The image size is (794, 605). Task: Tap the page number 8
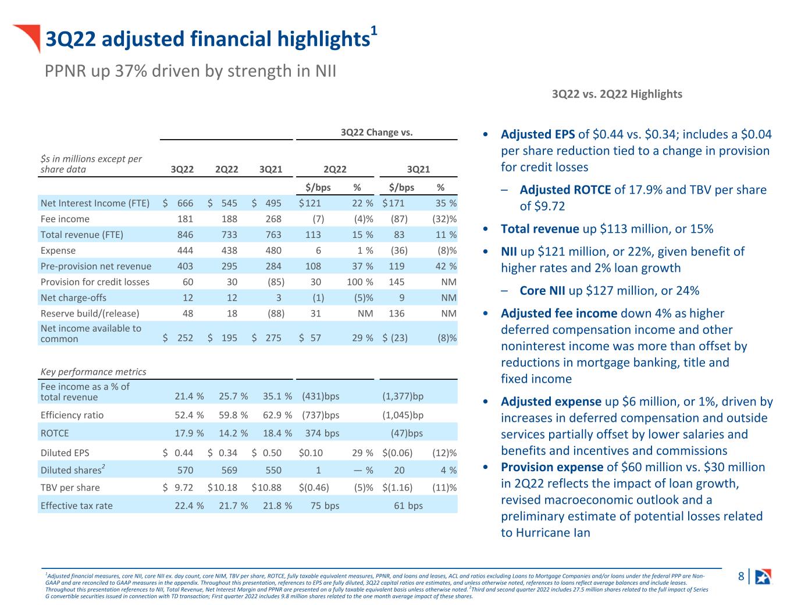(740, 576)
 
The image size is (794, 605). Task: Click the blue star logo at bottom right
(763, 576)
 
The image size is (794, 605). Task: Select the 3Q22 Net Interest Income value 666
(185, 203)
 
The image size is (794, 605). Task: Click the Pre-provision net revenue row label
(96, 266)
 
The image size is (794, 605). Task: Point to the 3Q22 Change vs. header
(376, 132)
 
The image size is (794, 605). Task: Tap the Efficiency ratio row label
(72, 415)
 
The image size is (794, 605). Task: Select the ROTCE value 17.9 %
(189, 433)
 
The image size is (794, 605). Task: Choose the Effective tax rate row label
(77, 506)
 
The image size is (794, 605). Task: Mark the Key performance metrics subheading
(93, 371)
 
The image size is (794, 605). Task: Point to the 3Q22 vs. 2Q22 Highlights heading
(617, 94)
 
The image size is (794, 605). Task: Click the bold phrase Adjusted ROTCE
(565, 190)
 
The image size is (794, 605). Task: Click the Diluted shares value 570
(185, 470)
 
